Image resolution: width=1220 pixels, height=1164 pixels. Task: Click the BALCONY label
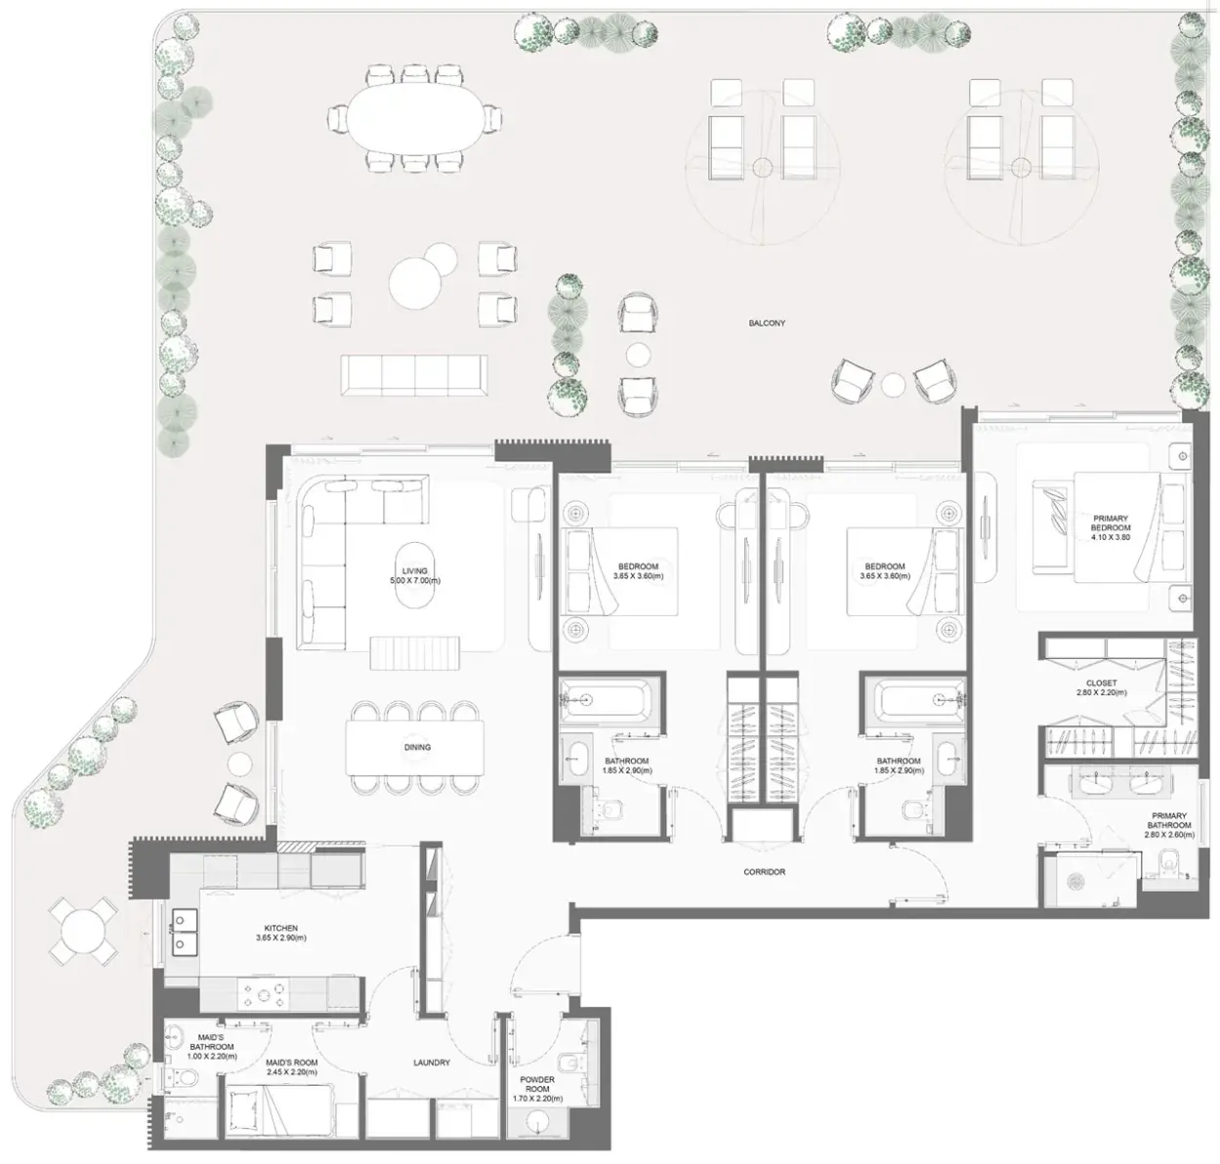tap(766, 323)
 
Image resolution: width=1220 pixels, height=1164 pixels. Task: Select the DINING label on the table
tap(417, 747)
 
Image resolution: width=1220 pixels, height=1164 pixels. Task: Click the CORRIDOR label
tap(765, 872)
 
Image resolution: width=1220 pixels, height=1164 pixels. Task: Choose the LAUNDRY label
tap(432, 1062)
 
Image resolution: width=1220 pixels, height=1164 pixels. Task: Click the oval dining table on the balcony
tap(414, 118)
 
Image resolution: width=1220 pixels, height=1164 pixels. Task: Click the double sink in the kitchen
tap(185, 931)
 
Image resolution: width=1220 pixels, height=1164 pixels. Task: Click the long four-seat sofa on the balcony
tap(414, 375)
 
